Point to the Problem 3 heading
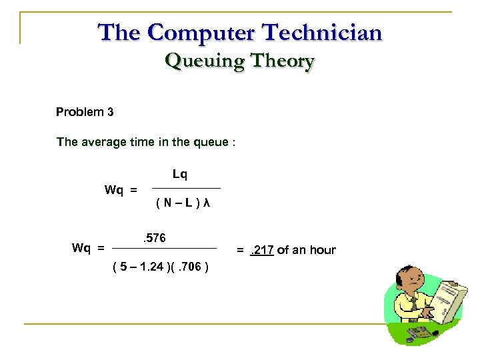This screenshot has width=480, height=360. point(85,112)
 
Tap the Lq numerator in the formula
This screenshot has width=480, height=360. point(180,175)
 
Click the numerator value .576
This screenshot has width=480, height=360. point(154,238)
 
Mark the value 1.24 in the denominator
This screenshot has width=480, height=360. point(151,267)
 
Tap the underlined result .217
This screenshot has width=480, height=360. point(262,250)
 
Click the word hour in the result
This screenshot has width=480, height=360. point(323,250)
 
